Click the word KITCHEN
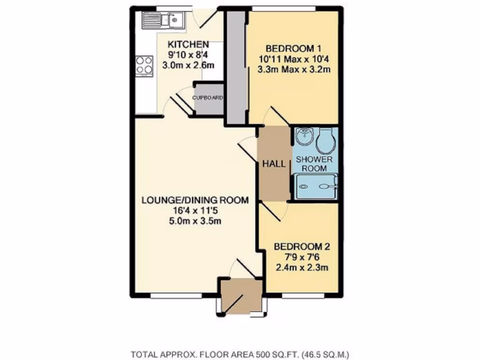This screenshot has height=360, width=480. [x=188, y=45]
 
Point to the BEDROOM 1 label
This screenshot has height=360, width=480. [x=292, y=48]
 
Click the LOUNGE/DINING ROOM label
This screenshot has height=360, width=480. [x=195, y=200]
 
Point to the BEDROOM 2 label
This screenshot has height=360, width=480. [x=300, y=247]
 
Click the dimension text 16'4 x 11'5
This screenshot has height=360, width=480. [x=195, y=211]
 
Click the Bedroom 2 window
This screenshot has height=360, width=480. [x=302, y=296]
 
